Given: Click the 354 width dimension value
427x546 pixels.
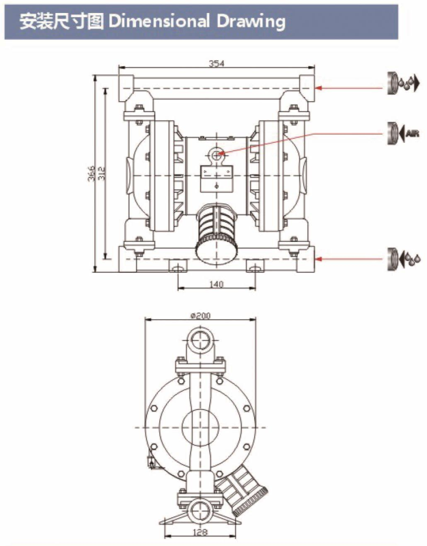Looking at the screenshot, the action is [217, 64].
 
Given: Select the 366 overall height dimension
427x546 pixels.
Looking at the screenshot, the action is [91, 173].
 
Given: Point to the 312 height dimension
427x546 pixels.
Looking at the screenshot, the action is [101, 173].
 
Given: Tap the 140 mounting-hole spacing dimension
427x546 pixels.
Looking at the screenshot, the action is [217, 284].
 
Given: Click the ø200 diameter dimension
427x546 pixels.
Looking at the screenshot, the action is [200, 316].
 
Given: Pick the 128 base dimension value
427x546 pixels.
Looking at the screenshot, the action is [199, 532].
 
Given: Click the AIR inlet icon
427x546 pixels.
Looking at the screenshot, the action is [403, 133].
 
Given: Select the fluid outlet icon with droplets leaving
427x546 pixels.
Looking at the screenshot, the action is [403, 83].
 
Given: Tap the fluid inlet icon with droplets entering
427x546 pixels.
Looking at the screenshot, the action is [404, 259].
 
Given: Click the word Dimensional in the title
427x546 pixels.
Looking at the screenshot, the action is [159, 22].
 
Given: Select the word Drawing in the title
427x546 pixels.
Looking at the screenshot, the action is [251, 23].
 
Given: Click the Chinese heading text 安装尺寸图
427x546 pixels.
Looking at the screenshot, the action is [61, 22].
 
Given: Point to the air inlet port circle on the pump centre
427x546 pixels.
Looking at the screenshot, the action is [217, 154].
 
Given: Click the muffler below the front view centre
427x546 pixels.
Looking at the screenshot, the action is [217, 232].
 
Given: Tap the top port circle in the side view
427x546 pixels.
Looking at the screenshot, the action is [200, 340].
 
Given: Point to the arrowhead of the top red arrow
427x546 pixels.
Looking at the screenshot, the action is [318, 87].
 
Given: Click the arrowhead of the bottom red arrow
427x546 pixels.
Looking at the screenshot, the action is [318, 259].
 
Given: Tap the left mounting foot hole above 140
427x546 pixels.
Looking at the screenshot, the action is [178, 268].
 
